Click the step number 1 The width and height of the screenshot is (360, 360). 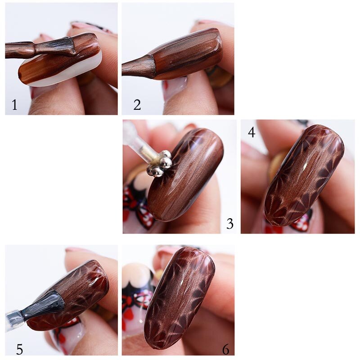point(14,105)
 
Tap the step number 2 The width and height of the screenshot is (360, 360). point(137,105)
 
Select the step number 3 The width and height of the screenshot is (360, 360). point(230,224)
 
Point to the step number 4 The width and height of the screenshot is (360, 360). point(252,132)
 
